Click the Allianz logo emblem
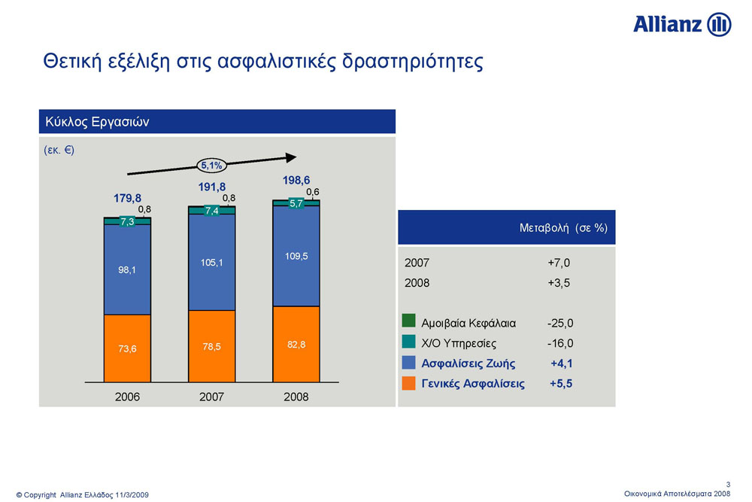pos(719,25)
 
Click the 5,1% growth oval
pos(211,166)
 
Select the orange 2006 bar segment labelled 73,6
pos(127,348)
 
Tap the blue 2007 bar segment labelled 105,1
pos(211,262)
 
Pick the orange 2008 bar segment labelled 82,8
pos(296,344)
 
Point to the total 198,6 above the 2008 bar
pos(296,180)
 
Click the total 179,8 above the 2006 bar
pos(127,198)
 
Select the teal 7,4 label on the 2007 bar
pos(211,211)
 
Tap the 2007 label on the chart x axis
pos(211,397)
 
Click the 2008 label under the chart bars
pos(296,397)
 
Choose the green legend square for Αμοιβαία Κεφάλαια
pos(408,321)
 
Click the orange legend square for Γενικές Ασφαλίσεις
pos(408,383)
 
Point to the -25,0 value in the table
pos(560,323)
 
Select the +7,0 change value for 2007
pos(559,263)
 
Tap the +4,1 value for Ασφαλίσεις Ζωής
pos(562,364)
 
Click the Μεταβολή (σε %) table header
pos(563,228)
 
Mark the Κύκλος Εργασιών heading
pos(97,122)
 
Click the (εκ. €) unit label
pos(59,151)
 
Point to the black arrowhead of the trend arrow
pos(290,157)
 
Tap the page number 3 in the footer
pos(728,485)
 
